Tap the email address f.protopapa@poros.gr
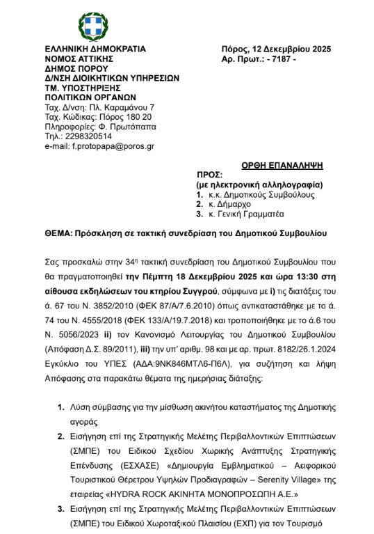(99, 147)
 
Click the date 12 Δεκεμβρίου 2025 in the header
(288, 49)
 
